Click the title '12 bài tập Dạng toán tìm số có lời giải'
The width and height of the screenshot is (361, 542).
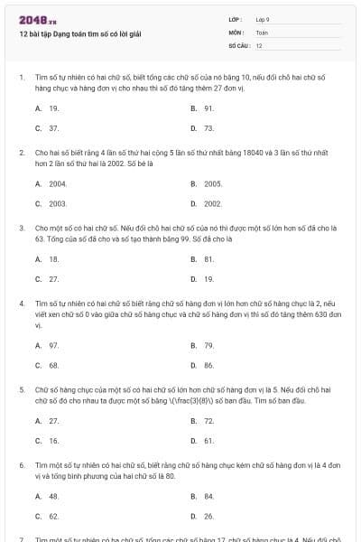[x=80, y=34]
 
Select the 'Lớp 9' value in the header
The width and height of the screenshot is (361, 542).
[x=263, y=19]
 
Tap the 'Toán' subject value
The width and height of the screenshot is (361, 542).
[x=262, y=32]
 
